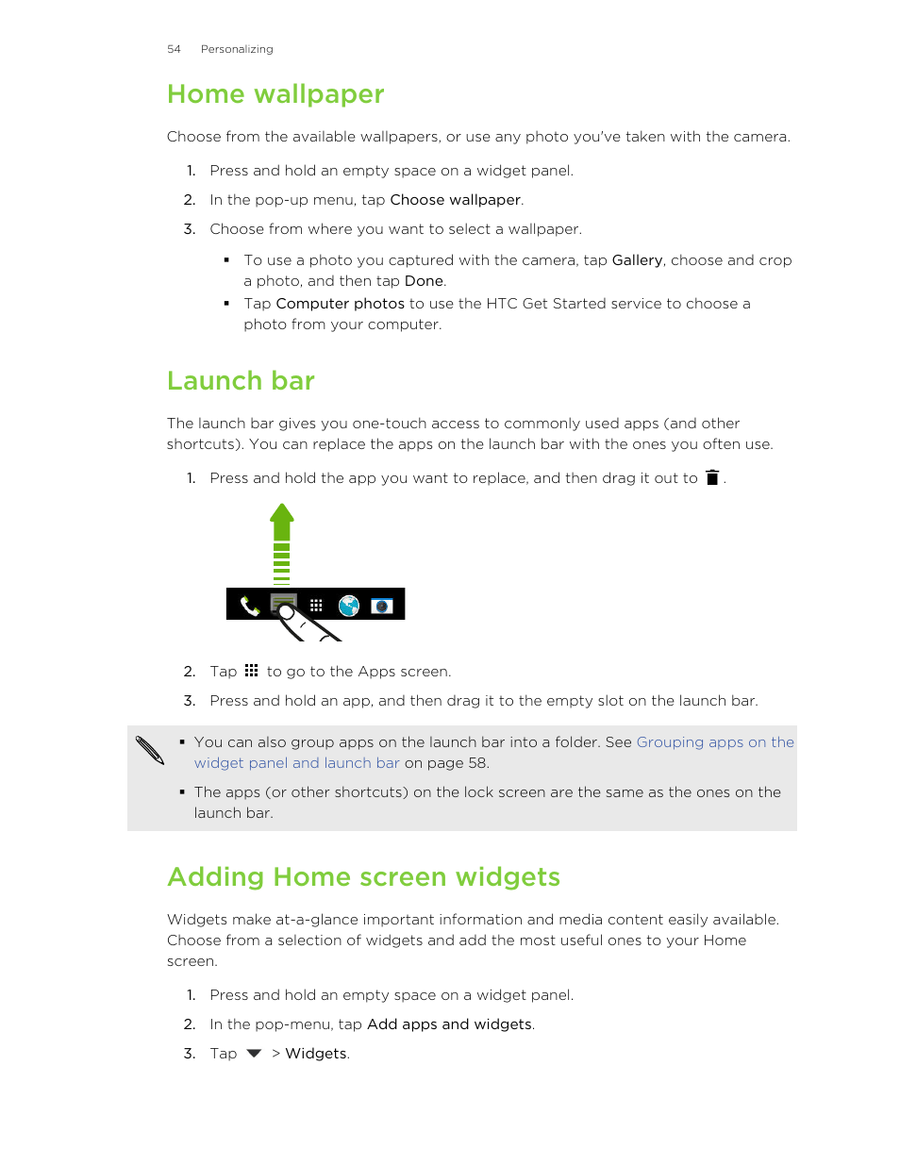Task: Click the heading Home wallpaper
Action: coord(275,94)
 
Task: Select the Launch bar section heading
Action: coord(241,381)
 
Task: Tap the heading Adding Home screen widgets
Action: coord(363,877)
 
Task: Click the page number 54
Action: coord(174,49)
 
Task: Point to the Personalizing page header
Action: coord(237,49)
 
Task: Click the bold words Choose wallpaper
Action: coord(456,200)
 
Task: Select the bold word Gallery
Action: coord(637,260)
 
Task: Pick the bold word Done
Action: coord(424,281)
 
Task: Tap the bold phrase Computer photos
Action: coord(340,304)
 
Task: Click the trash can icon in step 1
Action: coord(712,478)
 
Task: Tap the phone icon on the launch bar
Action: coord(249,606)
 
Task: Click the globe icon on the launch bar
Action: coord(349,606)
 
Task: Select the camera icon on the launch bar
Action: coord(382,606)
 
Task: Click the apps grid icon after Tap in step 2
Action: coord(251,671)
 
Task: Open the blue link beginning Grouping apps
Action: coord(715,742)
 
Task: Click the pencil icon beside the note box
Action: coord(150,750)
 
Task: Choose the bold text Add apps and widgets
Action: coord(449,1024)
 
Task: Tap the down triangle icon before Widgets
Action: coord(254,1054)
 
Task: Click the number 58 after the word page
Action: coord(477,763)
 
